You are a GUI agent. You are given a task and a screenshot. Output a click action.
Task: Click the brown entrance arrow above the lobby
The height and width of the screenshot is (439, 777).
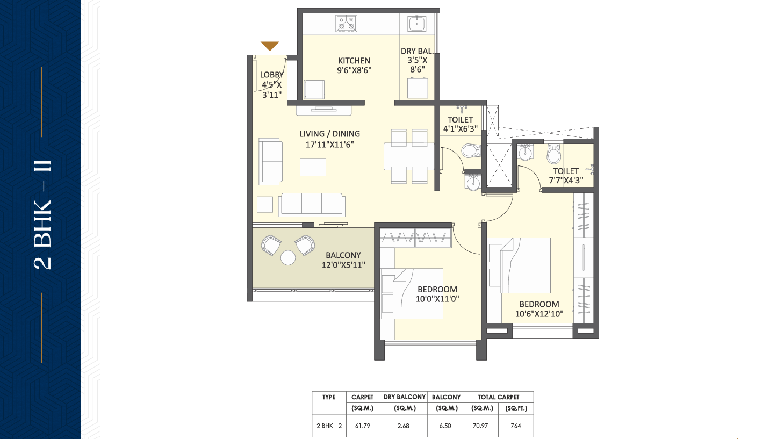270,46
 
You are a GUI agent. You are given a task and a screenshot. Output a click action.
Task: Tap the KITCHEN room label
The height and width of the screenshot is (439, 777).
354,61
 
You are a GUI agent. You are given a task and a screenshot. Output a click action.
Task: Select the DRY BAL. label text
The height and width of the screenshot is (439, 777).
418,51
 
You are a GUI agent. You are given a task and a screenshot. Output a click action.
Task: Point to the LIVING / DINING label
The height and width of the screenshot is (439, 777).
329,134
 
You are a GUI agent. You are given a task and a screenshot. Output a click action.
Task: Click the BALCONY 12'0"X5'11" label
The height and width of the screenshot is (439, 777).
343,260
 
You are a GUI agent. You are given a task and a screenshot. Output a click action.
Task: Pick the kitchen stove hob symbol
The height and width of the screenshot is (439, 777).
346,24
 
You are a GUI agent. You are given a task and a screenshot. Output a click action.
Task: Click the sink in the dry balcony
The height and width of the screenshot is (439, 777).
416,24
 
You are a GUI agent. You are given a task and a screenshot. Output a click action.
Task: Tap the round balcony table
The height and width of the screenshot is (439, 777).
288,257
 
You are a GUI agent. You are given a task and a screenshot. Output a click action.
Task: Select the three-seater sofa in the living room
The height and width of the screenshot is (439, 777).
312,204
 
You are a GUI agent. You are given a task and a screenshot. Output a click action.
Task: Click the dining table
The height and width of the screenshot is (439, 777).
409,156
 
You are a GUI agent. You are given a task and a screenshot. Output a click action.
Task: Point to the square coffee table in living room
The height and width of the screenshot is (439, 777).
313,167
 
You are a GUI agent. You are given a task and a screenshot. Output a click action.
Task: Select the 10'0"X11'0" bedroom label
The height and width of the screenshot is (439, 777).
437,294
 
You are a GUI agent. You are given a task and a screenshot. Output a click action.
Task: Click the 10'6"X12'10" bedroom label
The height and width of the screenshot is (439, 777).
539,309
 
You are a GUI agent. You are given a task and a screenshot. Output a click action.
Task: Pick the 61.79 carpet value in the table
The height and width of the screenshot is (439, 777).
363,426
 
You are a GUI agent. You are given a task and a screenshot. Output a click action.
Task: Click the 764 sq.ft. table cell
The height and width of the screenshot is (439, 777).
516,426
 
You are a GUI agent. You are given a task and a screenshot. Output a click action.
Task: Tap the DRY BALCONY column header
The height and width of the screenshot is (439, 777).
405,397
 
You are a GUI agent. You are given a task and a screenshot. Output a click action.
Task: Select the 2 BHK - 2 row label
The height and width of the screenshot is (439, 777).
329,426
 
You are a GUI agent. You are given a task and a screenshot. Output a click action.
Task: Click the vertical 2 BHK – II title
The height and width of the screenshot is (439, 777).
43,214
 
